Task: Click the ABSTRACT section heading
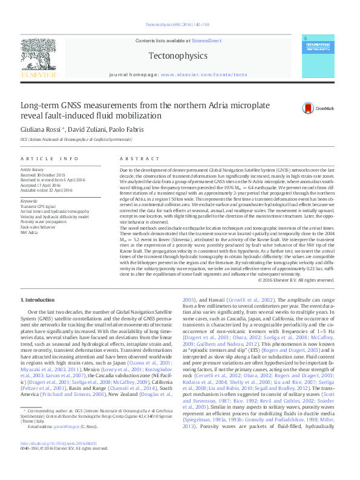tap(134, 158)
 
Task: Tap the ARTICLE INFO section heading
tap(50, 158)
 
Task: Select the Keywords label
tap(29, 201)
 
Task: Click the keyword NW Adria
tap(29, 232)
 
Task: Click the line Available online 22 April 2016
tap(46, 190)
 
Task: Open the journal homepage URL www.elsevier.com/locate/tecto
tap(205, 74)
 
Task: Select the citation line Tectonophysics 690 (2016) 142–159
tap(179, 24)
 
